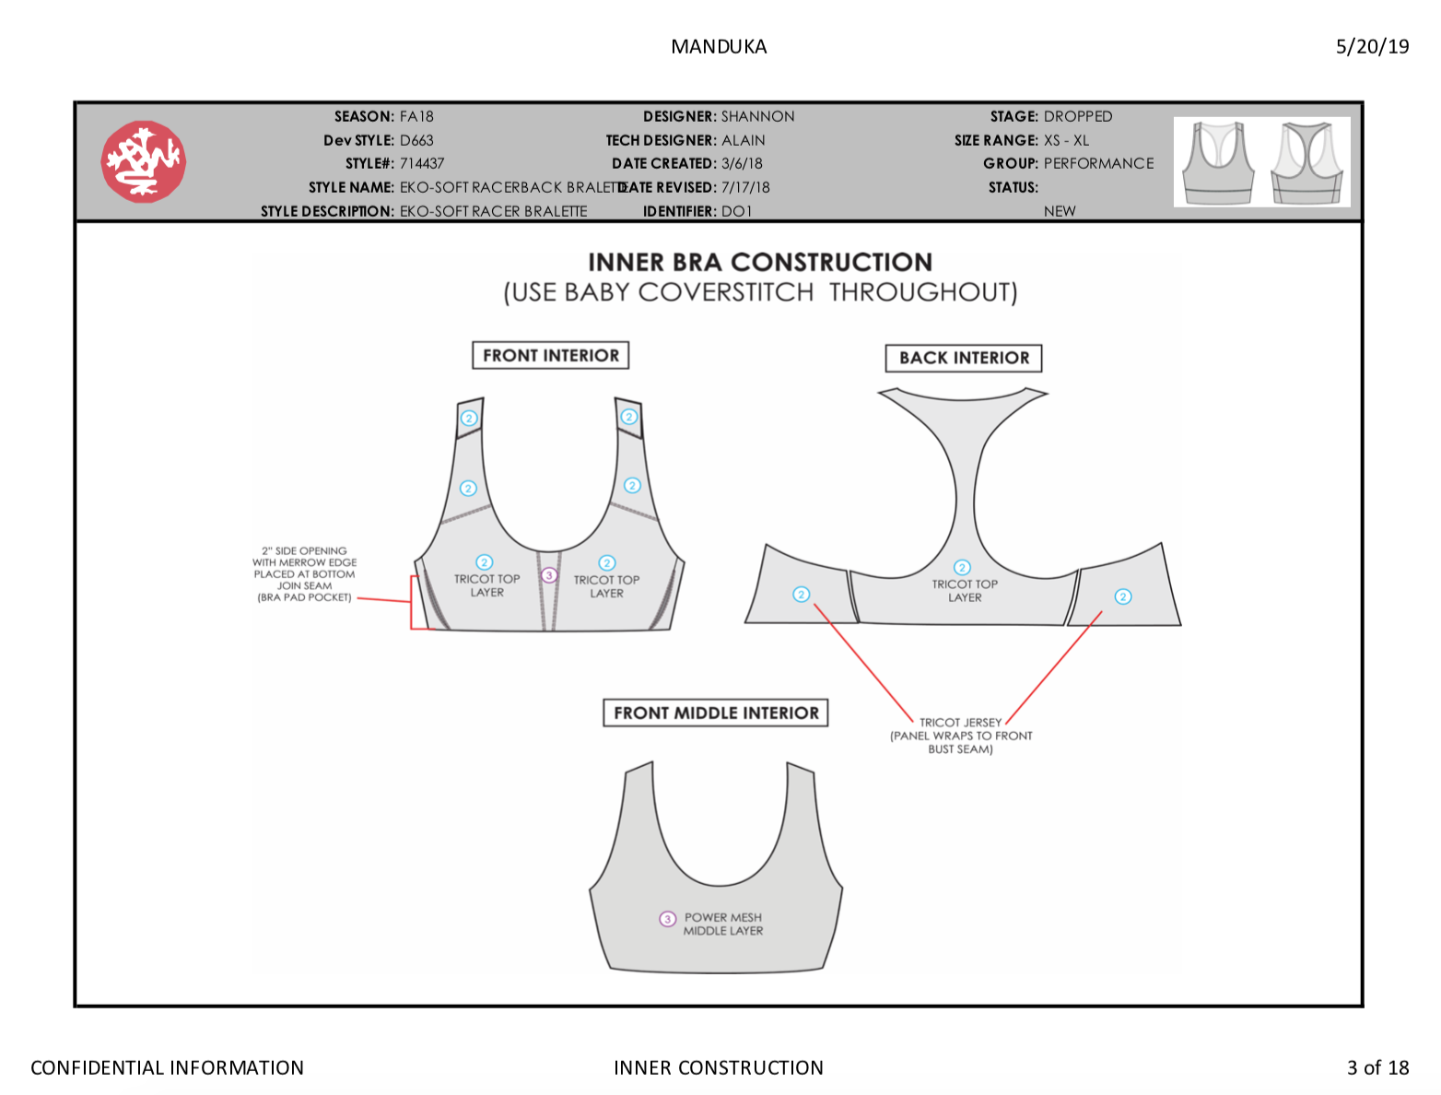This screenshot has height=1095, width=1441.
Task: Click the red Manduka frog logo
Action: [143, 160]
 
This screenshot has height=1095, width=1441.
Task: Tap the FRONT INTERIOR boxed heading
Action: [550, 355]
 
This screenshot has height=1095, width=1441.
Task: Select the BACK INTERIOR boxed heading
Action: [963, 358]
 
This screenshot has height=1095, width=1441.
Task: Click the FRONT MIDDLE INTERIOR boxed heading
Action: [716, 712]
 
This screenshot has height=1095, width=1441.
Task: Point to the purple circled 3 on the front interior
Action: [549, 576]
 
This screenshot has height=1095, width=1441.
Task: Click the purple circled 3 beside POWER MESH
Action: [667, 918]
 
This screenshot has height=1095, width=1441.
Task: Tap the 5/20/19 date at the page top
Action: [1371, 46]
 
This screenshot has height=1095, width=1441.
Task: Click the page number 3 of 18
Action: [1377, 1067]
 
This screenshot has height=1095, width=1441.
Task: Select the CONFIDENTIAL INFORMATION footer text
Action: [167, 1067]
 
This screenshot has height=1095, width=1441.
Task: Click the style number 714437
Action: [421, 163]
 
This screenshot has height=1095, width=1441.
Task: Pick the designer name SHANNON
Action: [757, 116]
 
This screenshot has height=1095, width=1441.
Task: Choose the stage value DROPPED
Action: [1077, 116]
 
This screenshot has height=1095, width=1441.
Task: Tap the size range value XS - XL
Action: [1066, 140]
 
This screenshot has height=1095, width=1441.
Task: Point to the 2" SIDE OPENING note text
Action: [304, 573]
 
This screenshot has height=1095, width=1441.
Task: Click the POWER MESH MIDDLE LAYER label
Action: [722, 924]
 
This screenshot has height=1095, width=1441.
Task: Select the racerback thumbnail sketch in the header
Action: [1306, 162]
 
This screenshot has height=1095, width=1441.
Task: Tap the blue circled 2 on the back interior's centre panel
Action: [962, 567]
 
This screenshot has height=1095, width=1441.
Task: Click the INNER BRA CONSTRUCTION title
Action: [759, 262]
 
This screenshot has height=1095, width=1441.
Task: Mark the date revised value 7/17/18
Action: [745, 187]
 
